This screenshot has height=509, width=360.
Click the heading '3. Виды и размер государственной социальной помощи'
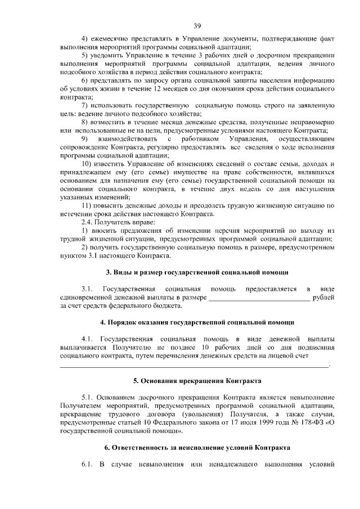click(197, 273)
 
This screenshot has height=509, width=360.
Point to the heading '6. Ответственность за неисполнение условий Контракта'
click(197, 448)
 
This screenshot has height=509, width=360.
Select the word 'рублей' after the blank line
click(324, 298)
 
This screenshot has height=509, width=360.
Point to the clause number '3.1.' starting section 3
click(87, 289)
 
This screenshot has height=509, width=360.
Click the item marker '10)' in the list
click(88, 163)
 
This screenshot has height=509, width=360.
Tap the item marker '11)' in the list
click(88, 206)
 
